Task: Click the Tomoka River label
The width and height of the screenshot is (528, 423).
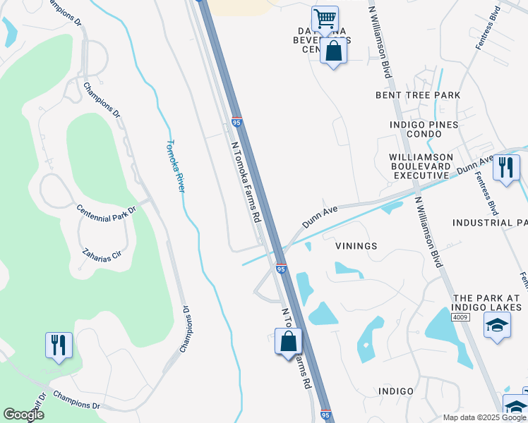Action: click(175, 166)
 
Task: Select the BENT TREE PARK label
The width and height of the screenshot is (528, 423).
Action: click(418, 95)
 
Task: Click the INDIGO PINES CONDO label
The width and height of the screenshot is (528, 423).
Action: click(424, 125)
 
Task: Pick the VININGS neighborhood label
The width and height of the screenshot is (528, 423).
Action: click(356, 246)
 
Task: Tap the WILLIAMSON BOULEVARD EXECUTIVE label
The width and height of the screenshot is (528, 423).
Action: click(424, 166)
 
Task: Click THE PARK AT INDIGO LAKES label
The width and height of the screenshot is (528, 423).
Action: click(488, 302)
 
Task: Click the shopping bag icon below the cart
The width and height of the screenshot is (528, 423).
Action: click(333, 51)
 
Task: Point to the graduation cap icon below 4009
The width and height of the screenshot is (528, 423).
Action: click(497, 326)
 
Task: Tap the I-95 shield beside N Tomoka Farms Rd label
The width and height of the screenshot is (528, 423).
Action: click(236, 123)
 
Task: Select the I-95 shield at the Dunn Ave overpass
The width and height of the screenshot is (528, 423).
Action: click(281, 269)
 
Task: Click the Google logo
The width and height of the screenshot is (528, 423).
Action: click(23, 414)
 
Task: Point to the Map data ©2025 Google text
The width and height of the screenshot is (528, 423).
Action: click(484, 417)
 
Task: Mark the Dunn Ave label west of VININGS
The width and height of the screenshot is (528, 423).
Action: click(320, 216)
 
